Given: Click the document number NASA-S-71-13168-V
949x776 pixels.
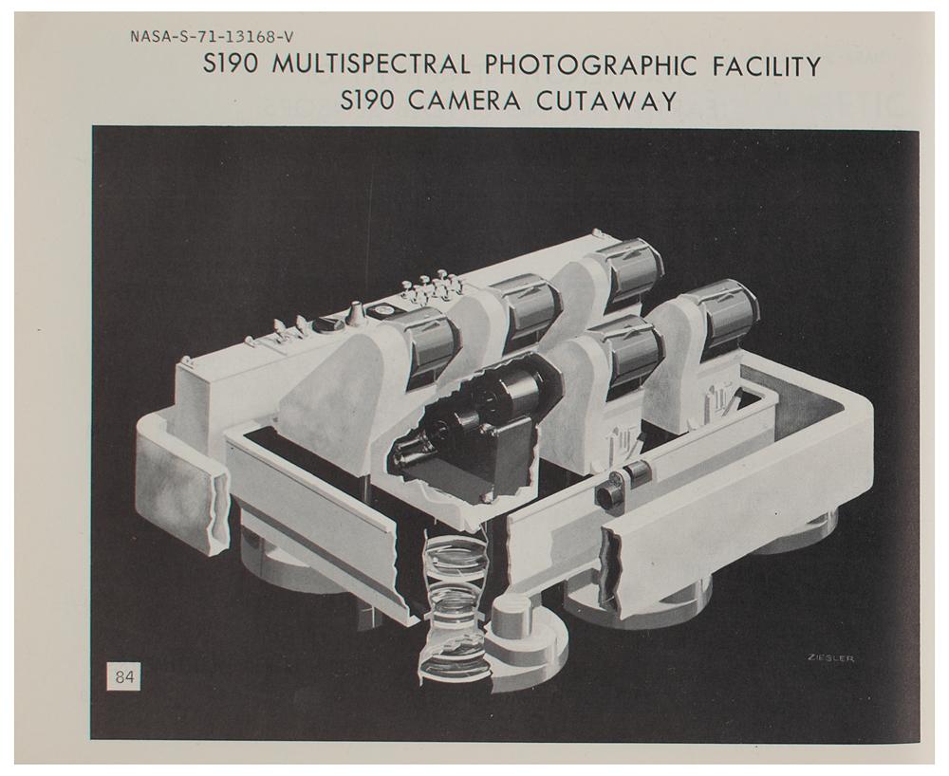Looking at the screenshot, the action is click(x=212, y=37).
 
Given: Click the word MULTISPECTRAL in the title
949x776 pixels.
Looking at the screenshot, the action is click(x=370, y=65).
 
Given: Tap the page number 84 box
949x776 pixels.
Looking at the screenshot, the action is click(x=123, y=676).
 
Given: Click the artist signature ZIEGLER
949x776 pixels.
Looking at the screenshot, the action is click(x=830, y=658).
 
